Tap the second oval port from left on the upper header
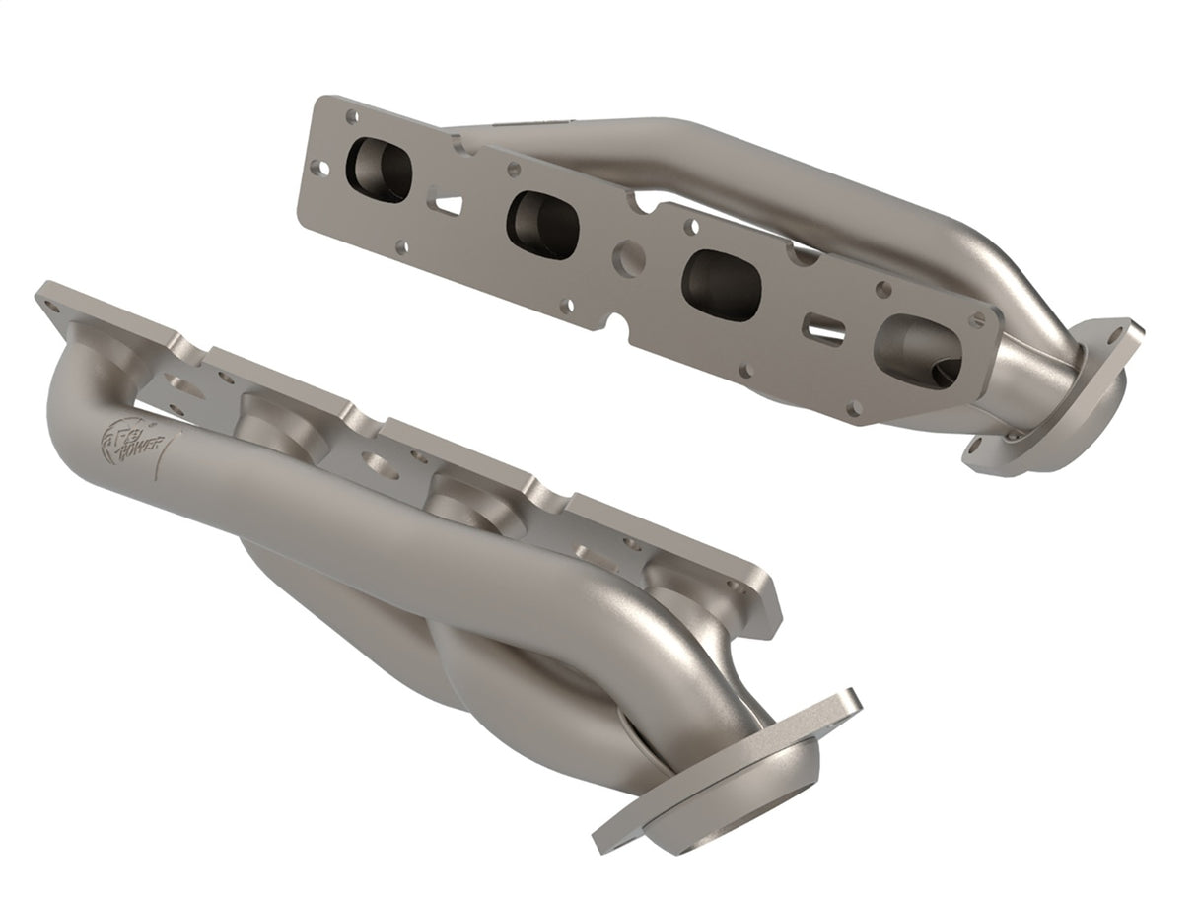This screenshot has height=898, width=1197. (542, 226)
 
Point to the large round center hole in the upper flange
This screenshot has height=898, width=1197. (628, 257)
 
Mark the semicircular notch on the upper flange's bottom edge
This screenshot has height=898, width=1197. (618, 325)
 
